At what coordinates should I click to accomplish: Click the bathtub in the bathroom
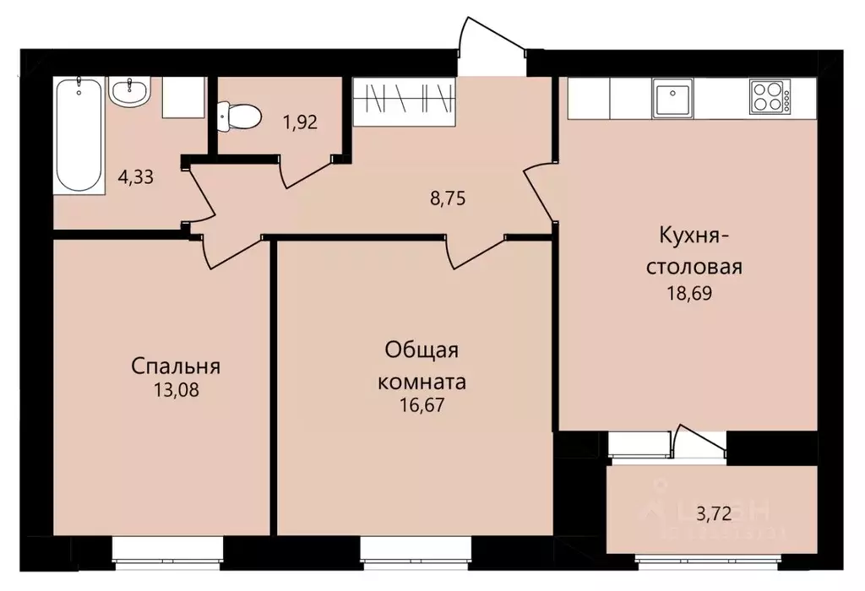coord(79,135)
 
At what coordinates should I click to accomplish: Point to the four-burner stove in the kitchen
coord(770,97)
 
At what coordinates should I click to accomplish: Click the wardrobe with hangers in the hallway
coord(404,98)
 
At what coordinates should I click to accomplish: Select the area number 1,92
coord(300,122)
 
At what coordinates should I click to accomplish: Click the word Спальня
coord(176,366)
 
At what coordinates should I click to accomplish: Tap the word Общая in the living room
coord(422,350)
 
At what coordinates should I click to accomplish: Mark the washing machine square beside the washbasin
coord(184,98)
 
